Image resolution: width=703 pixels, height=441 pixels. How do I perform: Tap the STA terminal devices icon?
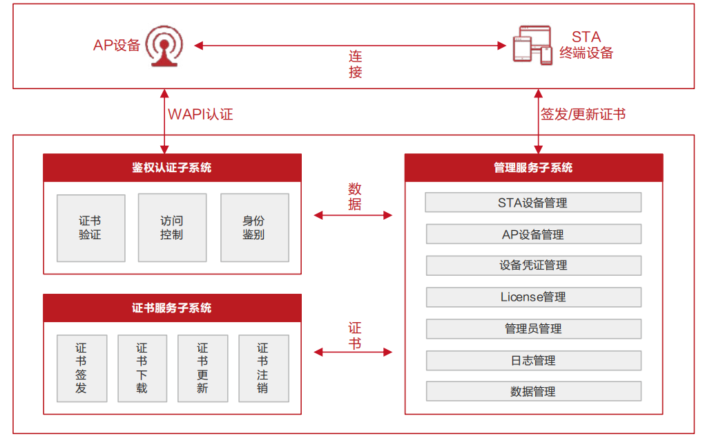tap(532, 46)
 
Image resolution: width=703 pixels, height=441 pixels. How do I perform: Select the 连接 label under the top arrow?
tap(355, 64)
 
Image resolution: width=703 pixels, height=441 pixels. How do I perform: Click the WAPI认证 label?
tap(200, 114)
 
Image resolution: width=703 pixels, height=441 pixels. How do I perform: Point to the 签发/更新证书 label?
tap(583, 114)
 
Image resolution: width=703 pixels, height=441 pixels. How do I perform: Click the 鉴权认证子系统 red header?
tap(172, 168)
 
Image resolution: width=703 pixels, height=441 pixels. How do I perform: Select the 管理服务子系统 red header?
tap(533, 168)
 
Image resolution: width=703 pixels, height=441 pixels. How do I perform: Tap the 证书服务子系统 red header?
tap(172, 308)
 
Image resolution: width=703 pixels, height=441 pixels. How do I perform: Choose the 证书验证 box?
tap(90, 228)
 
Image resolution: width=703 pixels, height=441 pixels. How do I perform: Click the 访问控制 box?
tap(172, 228)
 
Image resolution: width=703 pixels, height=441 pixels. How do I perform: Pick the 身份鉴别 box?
tap(254, 228)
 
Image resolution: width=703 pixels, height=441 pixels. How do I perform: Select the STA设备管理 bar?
tap(533, 203)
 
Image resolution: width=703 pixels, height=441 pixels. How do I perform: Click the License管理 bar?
tap(533, 297)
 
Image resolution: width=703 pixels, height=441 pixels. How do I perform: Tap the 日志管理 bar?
tap(533, 360)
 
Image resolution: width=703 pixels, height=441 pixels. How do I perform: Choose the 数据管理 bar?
tap(533, 391)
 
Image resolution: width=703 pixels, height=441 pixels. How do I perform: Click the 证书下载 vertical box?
tap(142, 368)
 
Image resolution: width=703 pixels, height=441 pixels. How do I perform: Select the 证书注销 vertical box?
tap(263, 368)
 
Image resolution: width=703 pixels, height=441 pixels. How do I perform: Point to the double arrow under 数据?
tap(353, 216)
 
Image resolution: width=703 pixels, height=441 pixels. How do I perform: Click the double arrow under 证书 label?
tap(353, 353)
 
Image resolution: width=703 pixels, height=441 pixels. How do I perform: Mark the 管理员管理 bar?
tap(533, 329)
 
